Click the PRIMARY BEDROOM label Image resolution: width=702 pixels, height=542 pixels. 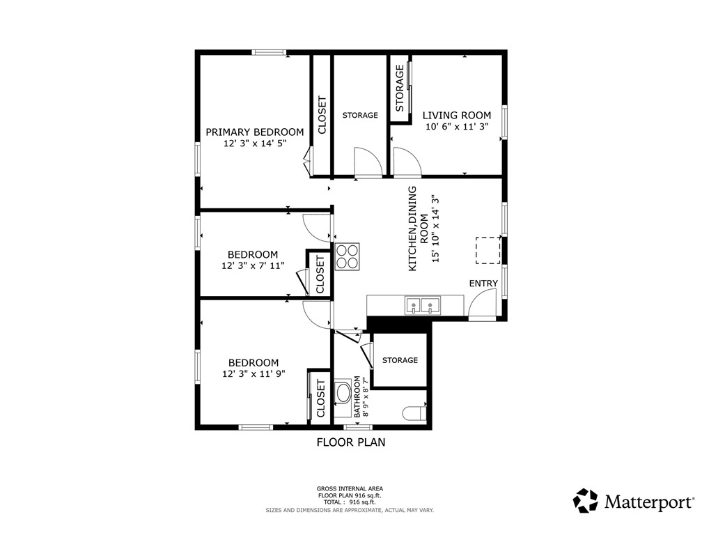coord(254,132)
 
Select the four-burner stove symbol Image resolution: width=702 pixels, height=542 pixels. coord(348,256)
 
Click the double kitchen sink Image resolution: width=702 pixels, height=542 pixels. coord(423,305)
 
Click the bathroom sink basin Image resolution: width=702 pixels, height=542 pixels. coord(344,394)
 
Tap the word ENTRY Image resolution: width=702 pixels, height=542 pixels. coord(483,283)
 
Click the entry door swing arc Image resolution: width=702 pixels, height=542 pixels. coord(482,304)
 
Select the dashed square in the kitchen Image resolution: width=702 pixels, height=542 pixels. coord(488,251)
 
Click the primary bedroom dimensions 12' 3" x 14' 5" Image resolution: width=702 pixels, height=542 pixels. coord(254,144)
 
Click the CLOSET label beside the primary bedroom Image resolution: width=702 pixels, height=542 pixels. coord(322,115)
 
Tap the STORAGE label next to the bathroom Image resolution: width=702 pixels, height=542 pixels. coord(400,360)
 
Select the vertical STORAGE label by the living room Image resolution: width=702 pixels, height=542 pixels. coord(400,88)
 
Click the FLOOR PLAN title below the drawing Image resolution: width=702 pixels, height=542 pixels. coord(351,442)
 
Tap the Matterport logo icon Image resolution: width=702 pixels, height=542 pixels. coord(586,500)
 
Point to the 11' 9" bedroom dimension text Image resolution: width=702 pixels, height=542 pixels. coord(254,373)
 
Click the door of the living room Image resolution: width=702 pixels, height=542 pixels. coord(407,163)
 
